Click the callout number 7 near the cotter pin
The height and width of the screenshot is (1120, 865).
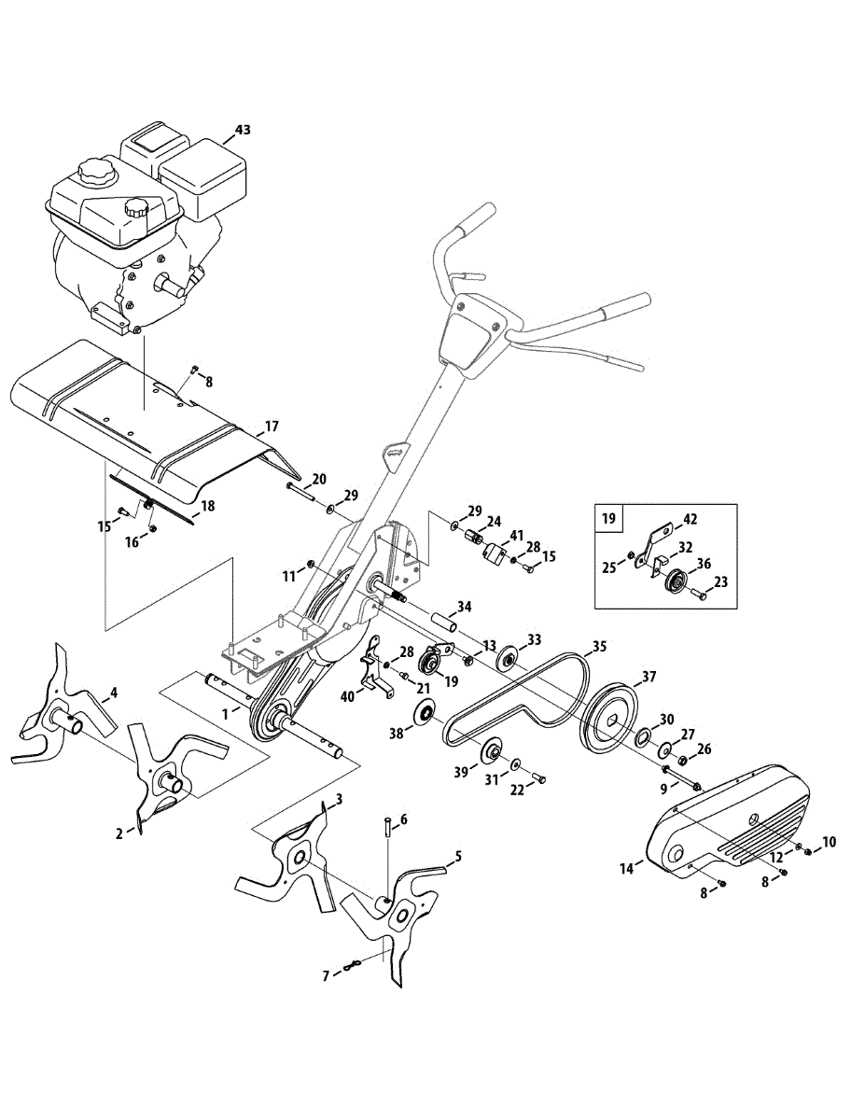pyautogui.click(x=326, y=976)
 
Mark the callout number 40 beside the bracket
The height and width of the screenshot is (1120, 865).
pyautogui.click(x=347, y=696)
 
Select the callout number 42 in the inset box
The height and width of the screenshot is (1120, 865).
pyautogui.click(x=690, y=518)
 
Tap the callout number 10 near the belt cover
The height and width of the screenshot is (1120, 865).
pyautogui.click(x=830, y=842)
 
